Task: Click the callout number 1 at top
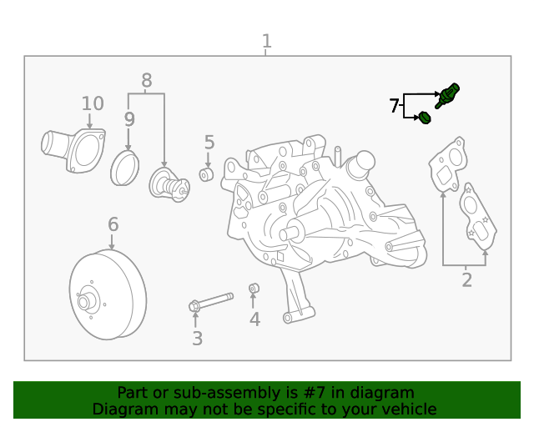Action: tap(266, 41)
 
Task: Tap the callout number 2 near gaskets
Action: tap(466, 280)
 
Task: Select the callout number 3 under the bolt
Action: tap(197, 338)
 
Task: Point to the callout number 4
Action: tap(254, 319)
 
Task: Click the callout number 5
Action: tap(209, 143)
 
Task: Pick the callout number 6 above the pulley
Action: tap(113, 224)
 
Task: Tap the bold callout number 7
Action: tap(394, 105)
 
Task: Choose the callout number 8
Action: tap(147, 81)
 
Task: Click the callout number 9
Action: tap(129, 119)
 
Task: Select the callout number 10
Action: tap(93, 103)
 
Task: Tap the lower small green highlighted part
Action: tap(425, 118)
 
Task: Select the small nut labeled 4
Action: tap(254, 289)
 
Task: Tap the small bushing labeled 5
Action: tap(207, 174)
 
